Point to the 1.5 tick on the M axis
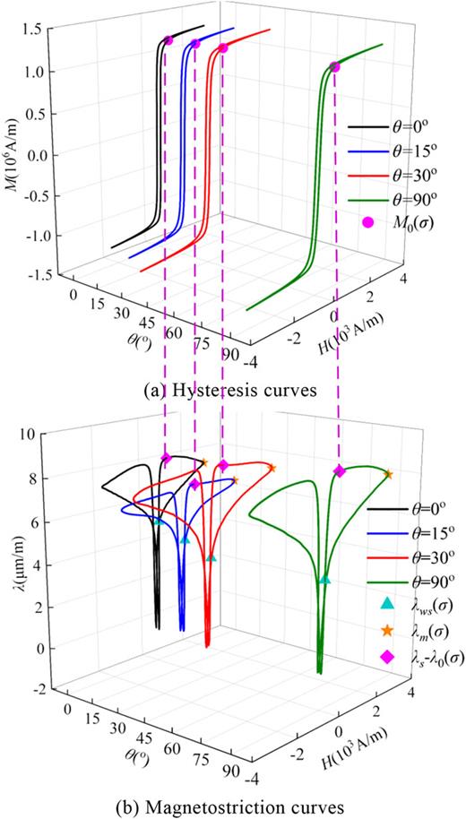click(x=33, y=30)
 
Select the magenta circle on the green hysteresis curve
click(x=334, y=67)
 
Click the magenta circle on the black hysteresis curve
click(x=168, y=40)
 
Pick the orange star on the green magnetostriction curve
click(x=388, y=473)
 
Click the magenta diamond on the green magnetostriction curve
click(x=339, y=470)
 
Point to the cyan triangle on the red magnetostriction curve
click(x=211, y=557)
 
